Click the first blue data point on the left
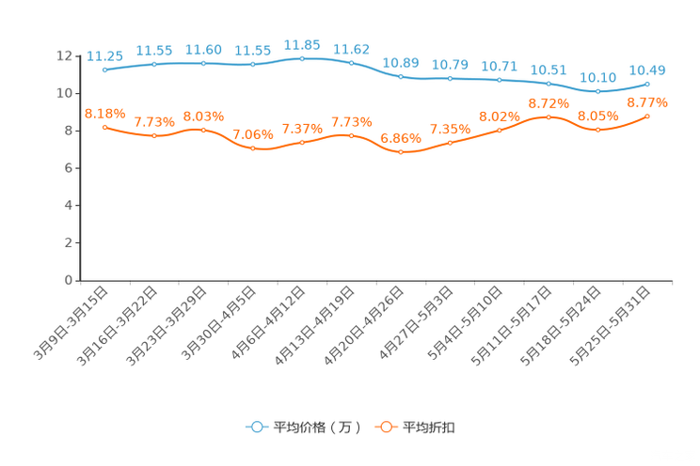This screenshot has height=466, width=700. pyautogui.click(x=104, y=70)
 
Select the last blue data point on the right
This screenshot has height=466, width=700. pyautogui.click(x=648, y=84)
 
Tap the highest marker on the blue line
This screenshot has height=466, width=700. pyautogui.click(x=302, y=58)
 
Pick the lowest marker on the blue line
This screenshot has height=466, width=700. pyautogui.click(x=598, y=91)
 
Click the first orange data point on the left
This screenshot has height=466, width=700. pyautogui.click(x=104, y=127)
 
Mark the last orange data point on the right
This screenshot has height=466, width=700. pyautogui.click(x=648, y=116)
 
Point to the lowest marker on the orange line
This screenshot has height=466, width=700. pyautogui.click(x=401, y=152)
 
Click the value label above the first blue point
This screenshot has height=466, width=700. pyautogui.click(x=104, y=56)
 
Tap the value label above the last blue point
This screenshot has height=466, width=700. pyautogui.click(x=648, y=70)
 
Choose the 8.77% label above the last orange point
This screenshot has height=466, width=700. pyautogui.click(x=648, y=101)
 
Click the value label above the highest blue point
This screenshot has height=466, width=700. pyautogui.click(x=302, y=44)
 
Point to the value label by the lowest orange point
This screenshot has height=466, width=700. pyautogui.click(x=401, y=138)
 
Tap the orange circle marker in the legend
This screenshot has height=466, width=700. pyautogui.click(x=386, y=427)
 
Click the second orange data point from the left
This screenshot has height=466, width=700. pyautogui.click(x=154, y=136)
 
